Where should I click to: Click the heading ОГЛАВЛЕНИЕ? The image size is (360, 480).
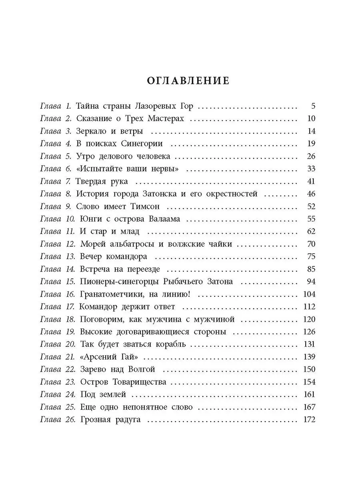tap(188, 80)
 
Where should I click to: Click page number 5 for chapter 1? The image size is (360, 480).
tap(313, 106)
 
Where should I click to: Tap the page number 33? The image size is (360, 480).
tap(310, 169)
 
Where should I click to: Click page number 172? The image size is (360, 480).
tap(308, 420)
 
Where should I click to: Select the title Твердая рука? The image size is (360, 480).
tap(102, 182)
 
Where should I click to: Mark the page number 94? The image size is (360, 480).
tap(310, 282)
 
